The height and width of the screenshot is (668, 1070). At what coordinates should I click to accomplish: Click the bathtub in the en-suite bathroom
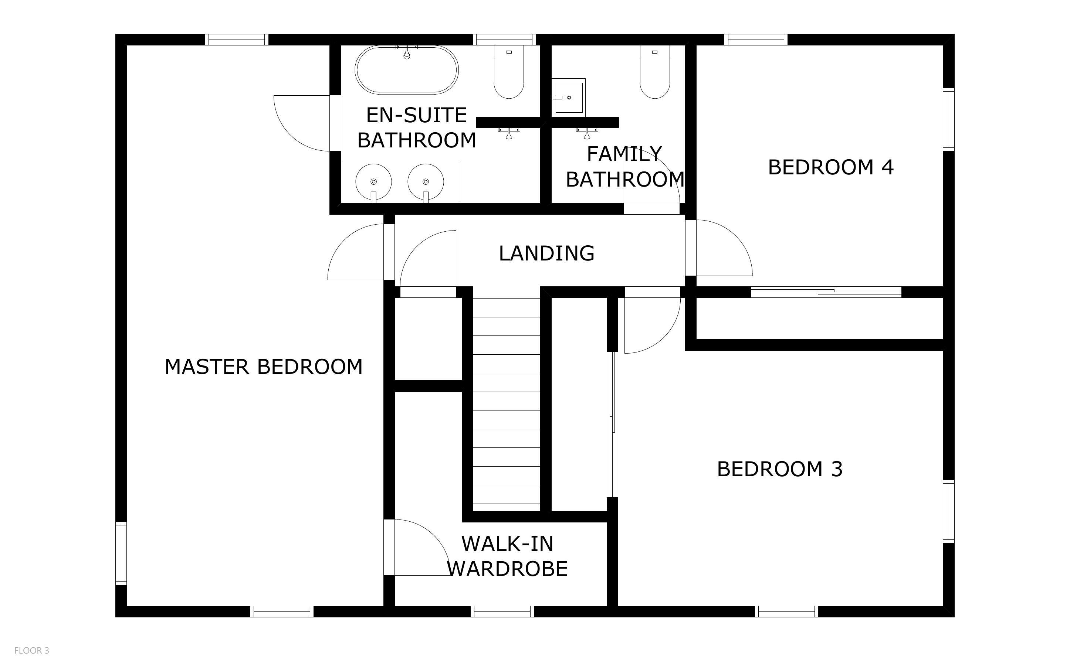tap(407, 70)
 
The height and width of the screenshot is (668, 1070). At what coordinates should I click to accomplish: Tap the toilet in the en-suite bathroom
tap(509, 72)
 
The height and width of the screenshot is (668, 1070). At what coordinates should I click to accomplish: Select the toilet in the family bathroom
tap(654, 72)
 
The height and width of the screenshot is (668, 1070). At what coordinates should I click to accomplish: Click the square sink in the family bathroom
tap(568, 97)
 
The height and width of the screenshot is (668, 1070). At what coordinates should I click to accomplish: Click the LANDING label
tap(547, 253)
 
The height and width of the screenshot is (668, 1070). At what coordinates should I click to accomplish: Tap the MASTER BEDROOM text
tap(263, 367)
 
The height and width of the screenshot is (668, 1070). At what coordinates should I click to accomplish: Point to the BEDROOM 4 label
tap(831, 167)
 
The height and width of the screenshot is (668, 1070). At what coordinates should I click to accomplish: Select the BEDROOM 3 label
tap(780, 469)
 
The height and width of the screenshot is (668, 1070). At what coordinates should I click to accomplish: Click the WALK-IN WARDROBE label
tap(507, 556)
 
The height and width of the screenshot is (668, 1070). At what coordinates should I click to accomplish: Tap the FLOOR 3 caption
tap(32, 650)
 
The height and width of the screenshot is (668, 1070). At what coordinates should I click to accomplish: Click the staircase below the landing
tap(507, 401)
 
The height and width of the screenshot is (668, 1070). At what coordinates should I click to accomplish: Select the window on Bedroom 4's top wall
tap(756, 40)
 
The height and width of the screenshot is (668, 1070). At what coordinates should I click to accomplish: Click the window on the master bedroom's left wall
tap(121, 553)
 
